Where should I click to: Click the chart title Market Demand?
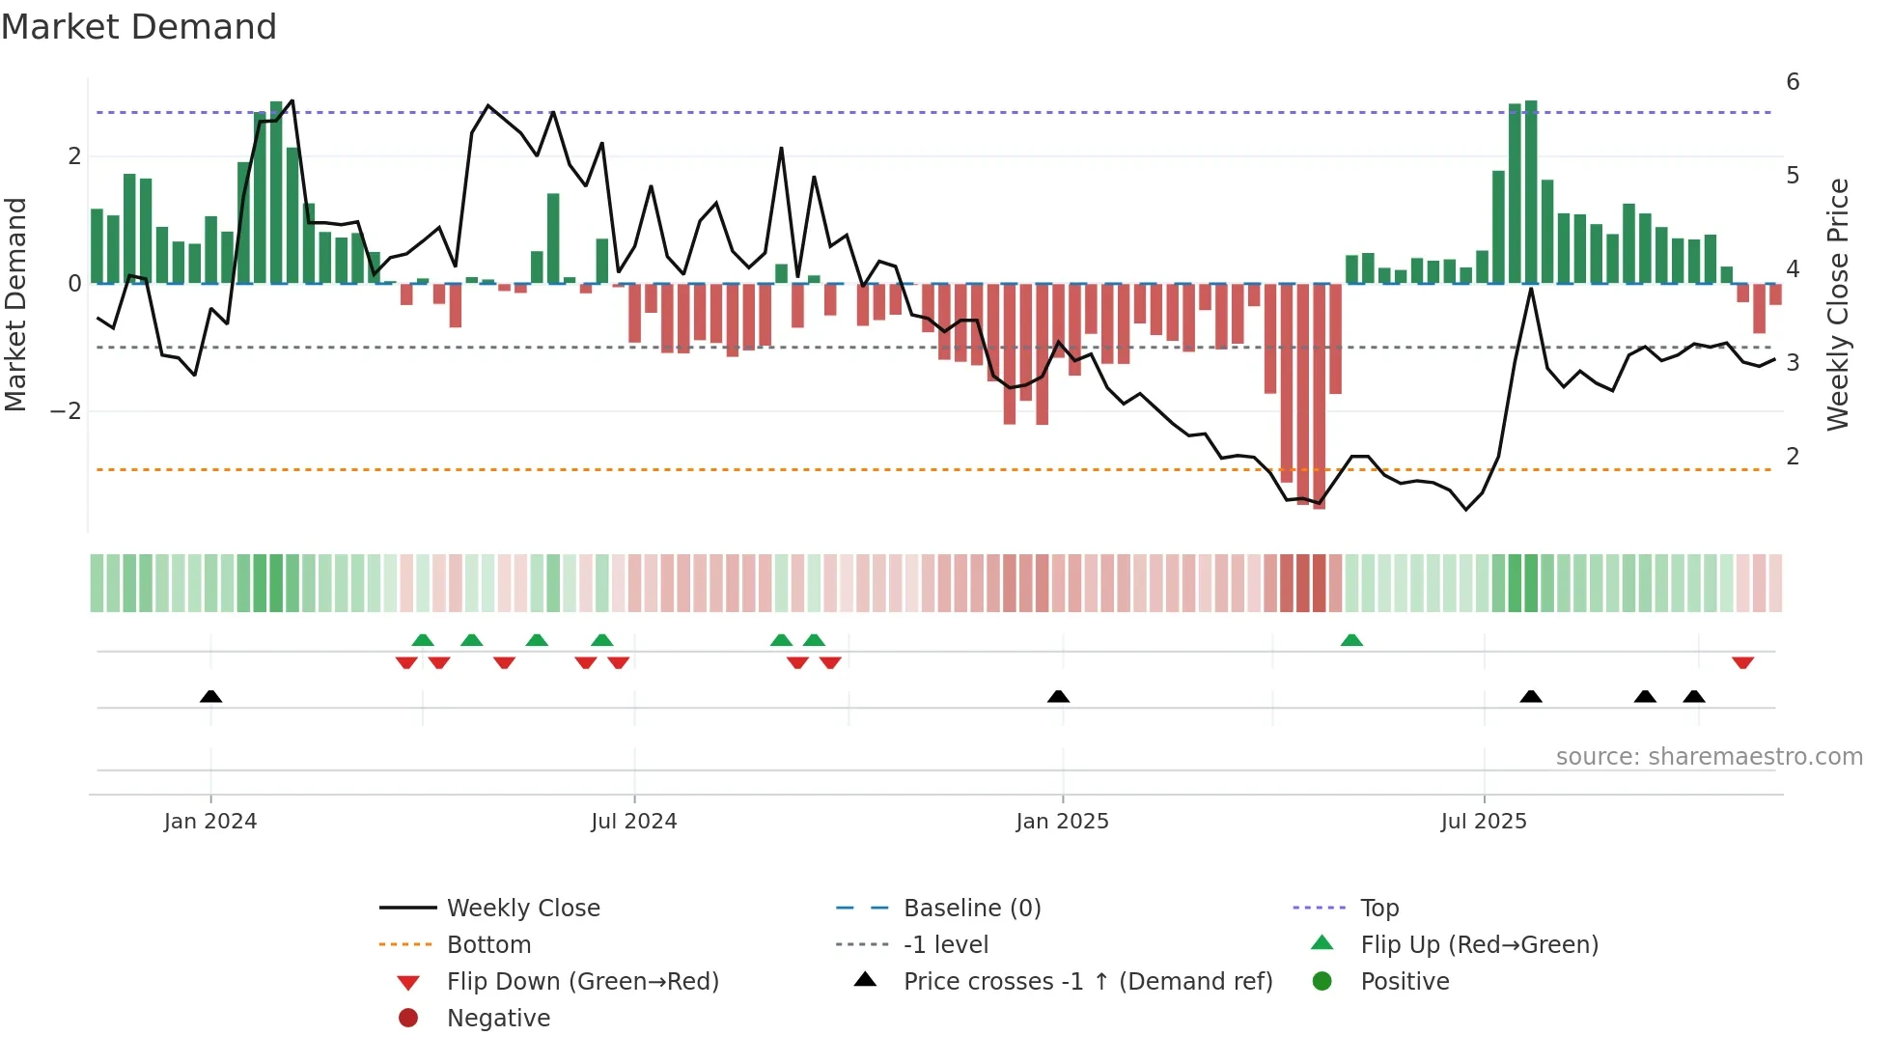point(139,27)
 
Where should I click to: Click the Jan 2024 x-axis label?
point(209,822)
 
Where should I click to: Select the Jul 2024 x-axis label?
point(633,822)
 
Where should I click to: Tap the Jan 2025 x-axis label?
point(1062,822)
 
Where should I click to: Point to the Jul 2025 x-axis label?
point(1484,822)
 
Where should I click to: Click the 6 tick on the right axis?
point(1793,82)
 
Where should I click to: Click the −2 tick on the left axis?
point(66,411)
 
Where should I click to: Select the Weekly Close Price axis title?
point(1838,304)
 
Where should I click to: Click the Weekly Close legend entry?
point(522,909)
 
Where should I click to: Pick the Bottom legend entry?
point(488,945)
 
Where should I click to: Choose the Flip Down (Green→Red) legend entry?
point(582,982)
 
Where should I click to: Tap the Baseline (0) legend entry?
point(971,909)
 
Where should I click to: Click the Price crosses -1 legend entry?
point(1087,982)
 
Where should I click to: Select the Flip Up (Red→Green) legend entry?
point(1479,945)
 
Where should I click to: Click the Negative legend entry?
point(498,1019)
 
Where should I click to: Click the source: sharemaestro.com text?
point(1709,757)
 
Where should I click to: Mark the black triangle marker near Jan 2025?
point(1058,696)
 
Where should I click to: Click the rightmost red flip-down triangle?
point(1742,663)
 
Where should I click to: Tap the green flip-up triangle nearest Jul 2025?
point(1351,640)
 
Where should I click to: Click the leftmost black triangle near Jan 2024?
point(210,696)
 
